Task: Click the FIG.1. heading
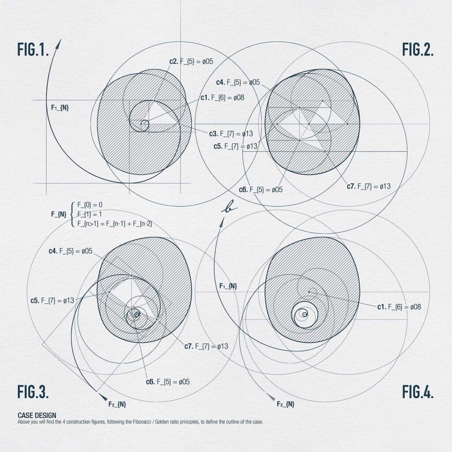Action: (x=33, y=49)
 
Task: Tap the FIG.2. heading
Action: (x=418, y=49)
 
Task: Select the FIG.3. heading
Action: (x=33, y=391)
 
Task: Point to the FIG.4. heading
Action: (x=418, y=391)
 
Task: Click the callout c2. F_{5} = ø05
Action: (x=191, y=61)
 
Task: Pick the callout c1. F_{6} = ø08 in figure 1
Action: (x=222, y=98)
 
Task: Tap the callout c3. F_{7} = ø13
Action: (x=231, y=134)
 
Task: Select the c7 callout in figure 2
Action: (x=369, y=186)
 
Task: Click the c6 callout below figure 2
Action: (x=261, y=190)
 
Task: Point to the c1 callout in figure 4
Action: (x=399, y=307)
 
